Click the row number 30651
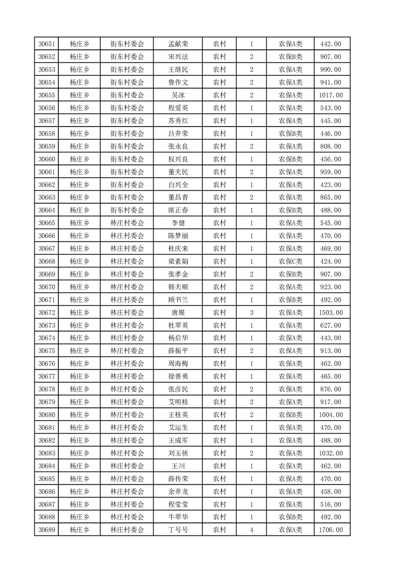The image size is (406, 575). pos(47,44)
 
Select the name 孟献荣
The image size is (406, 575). pos(178,44)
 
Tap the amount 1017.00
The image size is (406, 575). pos(331,95)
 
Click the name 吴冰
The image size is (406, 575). pos(178,95)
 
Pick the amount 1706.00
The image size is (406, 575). pos(331,530)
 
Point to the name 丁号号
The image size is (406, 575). pos(178,530)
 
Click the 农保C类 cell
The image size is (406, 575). pos(290,261)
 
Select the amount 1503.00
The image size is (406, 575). pos(331,313)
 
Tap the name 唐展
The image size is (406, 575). pos(178,313)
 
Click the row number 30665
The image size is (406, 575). pos(47,223)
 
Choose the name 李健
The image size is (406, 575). pos(178,223)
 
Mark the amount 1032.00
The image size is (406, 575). pos(331,453)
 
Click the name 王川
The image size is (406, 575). pos(178,466)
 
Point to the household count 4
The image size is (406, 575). pos(251,530)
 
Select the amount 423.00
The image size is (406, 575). pos(331,184)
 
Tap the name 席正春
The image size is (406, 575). pos(178,210)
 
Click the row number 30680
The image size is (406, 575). pos(47,415)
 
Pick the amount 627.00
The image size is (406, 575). pos(331,325)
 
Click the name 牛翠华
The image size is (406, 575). pos(178,517)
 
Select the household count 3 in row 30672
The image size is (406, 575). pos(251,313)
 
